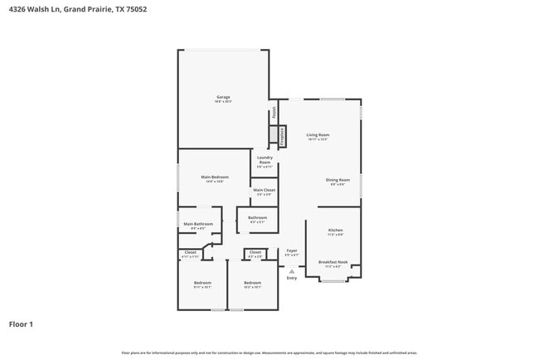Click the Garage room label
coord(224,98)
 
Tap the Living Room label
coord(318,135)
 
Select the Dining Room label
coord(337,180)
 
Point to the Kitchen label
coord(335,231)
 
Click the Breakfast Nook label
coord(332,262)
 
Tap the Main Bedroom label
coord(215,178)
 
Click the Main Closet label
coord(265,191)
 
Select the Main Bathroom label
coord(198,224)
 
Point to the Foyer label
coord(292,251)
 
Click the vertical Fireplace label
coord(282,136)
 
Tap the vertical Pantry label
coord(273,113)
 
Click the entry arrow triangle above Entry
coord(292,271)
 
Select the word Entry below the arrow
coord(292,279)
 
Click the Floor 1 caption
coord(21,324)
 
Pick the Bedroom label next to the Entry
coord(252,284)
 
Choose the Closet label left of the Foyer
coord(255,252)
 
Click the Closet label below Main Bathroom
coord(191,252)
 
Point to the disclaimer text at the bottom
coord(269,353)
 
